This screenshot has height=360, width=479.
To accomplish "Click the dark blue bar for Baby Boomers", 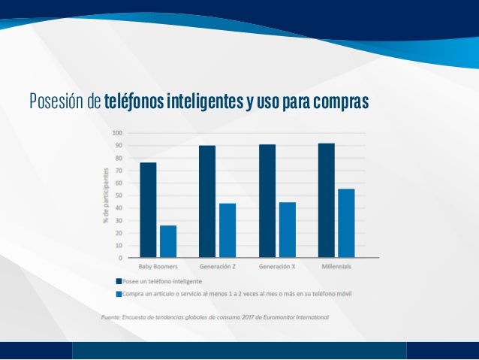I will [148, 210].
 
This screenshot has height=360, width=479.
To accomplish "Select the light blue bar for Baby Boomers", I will [168, 241].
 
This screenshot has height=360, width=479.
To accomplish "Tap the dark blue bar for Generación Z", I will [207, 201].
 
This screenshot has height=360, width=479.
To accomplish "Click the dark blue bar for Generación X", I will [267, 201].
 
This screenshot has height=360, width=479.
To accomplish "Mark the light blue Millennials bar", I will [346, 222].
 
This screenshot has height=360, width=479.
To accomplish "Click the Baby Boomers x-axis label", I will [158, 267].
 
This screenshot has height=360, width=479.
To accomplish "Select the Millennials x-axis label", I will [336, 267].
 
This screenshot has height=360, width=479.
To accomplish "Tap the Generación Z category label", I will [217, 267].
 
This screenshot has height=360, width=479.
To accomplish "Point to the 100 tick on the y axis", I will [118, 133].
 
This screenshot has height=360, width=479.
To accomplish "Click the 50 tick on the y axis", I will [119, 195].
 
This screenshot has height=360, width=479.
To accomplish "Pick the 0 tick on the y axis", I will [121, 258].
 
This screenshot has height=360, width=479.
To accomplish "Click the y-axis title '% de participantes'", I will [106, 195].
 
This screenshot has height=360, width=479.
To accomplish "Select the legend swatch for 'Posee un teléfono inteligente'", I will [118, 281].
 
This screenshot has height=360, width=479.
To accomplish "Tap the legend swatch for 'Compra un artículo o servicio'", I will [118, 293].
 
